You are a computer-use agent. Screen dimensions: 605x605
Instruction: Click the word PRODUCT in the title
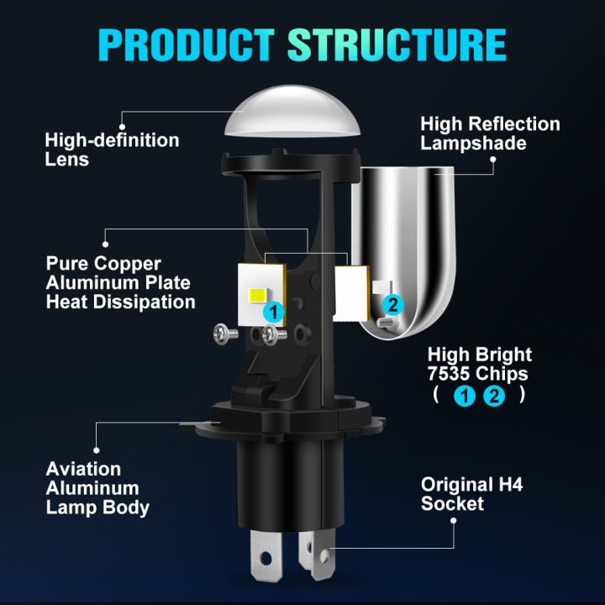click(x=187, y=45)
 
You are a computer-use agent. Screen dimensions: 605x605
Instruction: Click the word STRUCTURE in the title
click(x=397, y=45)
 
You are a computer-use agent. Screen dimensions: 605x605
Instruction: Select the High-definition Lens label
click(x=112, y=149)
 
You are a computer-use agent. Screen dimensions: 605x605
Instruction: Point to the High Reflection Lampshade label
click(x=490, y=134)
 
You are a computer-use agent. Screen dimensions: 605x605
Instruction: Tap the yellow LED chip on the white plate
click(x=255, y=295)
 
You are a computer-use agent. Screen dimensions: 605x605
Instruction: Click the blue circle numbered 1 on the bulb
click(x=271, y=312)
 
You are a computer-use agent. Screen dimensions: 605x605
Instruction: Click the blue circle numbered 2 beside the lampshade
click(x=392, y=304)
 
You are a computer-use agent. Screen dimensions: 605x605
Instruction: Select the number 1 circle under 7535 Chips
click(x=463, y=394)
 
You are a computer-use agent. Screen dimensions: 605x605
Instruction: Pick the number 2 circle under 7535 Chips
click(x=493, y=394)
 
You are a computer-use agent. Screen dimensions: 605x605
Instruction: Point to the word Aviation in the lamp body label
click(x=83, y=469)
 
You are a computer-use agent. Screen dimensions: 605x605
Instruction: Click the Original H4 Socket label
click(x=467, y=494)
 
